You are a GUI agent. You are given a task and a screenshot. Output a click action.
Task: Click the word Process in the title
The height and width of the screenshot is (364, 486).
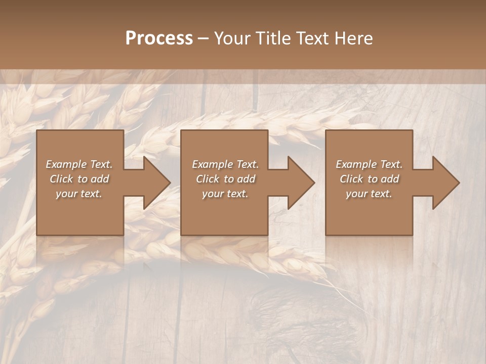coord(159,38)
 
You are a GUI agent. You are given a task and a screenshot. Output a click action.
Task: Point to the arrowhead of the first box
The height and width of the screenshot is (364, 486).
coord(155,183)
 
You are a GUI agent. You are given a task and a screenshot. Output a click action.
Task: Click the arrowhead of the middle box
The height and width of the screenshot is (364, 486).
coord(299,183)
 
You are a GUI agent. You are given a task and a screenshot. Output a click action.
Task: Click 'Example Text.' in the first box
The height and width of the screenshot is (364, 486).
coord(79,164)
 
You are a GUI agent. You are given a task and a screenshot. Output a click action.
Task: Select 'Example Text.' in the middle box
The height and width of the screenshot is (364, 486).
coord(225,164)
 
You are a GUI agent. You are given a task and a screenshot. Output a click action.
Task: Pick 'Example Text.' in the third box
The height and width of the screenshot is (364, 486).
coord(369,164)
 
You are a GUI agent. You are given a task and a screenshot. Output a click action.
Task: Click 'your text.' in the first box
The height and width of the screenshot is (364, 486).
coord(79,194)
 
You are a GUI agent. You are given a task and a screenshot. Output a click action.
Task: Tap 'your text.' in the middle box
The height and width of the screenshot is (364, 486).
coord(225,194)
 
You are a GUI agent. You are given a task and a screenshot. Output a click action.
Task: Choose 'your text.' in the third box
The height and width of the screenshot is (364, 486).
coord(369,194)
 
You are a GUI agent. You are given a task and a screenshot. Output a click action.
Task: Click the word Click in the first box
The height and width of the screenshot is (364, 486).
coord(62,179)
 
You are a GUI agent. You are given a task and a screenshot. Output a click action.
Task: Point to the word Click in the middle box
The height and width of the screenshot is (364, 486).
coord(208,179)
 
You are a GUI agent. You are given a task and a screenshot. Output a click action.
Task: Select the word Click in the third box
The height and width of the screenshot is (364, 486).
coord(351,179)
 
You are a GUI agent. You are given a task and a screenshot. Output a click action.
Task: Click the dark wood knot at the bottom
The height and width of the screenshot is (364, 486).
coord(283,313)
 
